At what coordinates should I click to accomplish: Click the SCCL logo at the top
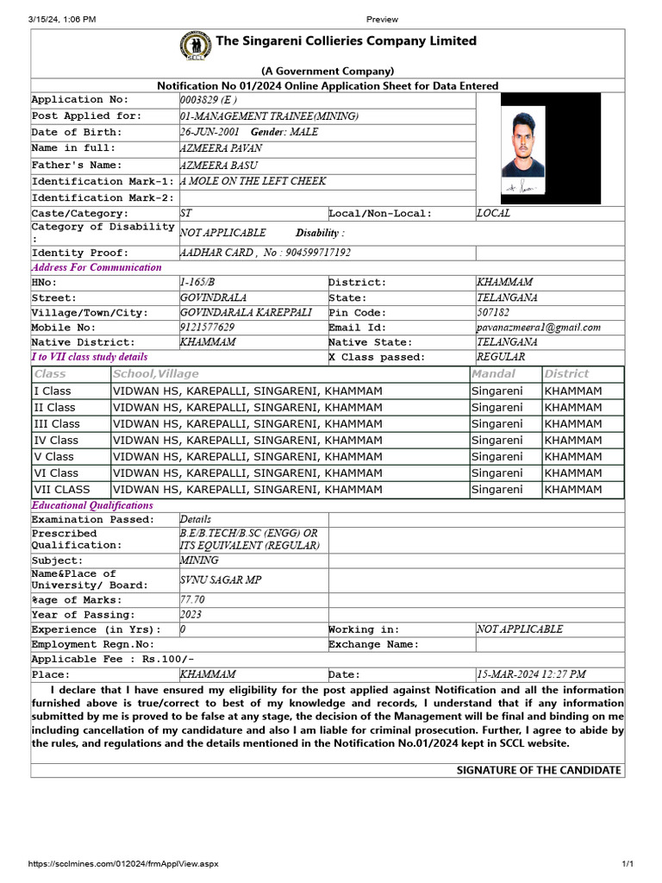196,45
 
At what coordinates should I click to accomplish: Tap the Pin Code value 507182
493,312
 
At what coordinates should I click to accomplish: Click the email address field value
539,328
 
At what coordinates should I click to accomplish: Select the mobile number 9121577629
207,328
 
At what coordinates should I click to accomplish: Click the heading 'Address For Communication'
97,267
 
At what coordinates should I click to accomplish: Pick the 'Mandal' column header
493,373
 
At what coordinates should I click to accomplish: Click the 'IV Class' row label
56,440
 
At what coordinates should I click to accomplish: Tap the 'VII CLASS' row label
61,489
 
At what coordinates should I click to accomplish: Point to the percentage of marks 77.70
192,599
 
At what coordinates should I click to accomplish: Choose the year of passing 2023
191,615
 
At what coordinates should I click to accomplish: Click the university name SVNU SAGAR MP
220,580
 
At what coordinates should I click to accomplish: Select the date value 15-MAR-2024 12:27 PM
531,674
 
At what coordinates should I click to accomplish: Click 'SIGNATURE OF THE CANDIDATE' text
538,770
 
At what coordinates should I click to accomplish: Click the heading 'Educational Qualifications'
92,505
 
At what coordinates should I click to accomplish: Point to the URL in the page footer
124,864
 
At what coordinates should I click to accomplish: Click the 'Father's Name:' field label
77,165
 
